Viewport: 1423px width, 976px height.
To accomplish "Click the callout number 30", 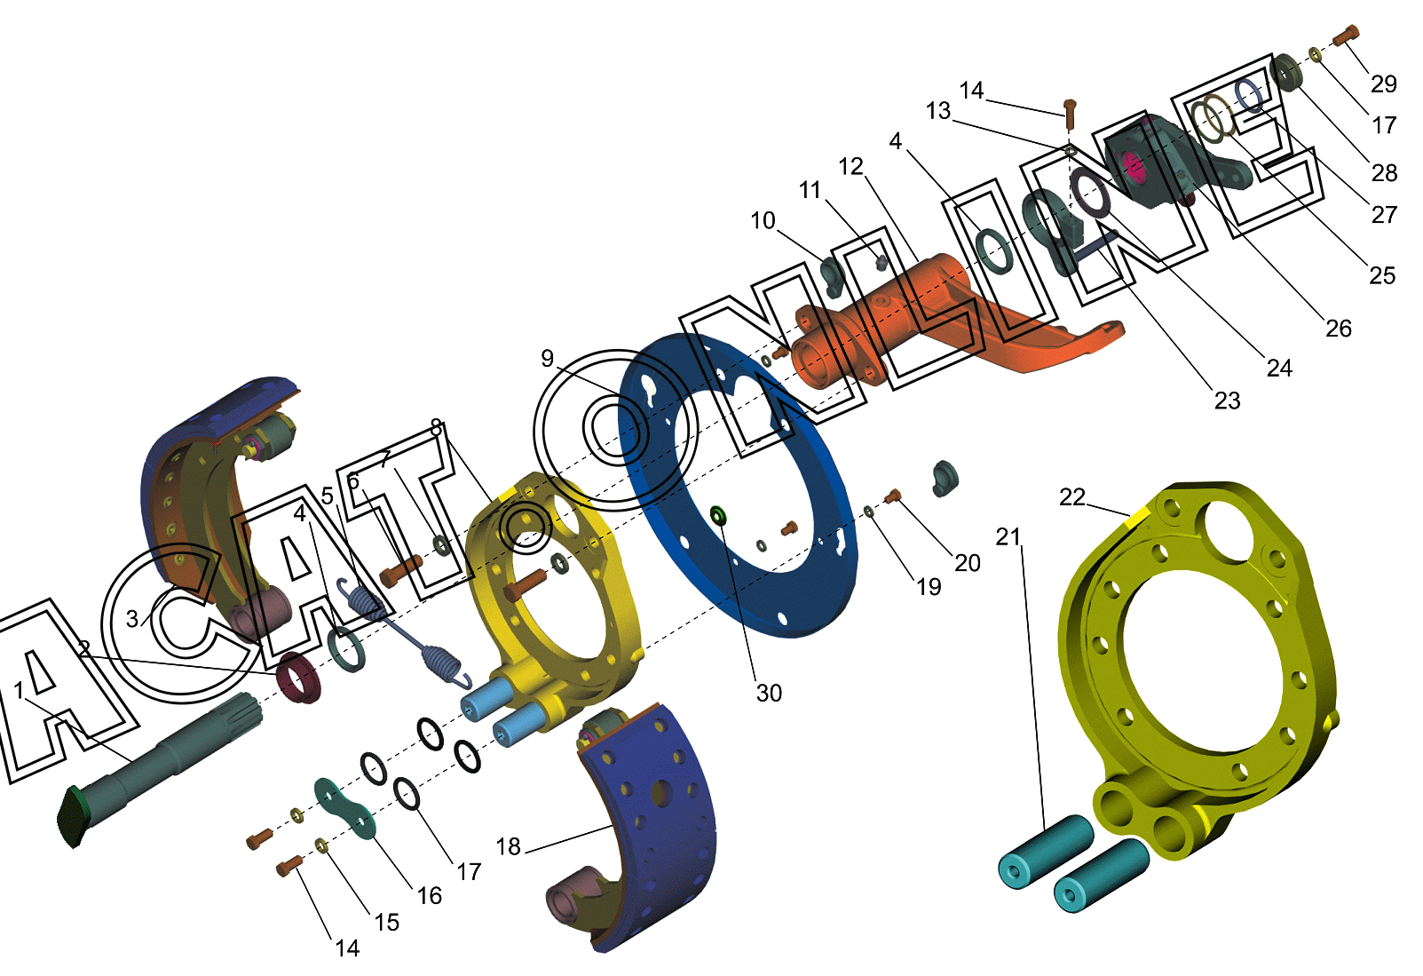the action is pos(769,694).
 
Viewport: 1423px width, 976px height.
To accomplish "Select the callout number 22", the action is pos(1071,497).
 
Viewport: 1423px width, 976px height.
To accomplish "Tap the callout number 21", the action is pos(1008,537).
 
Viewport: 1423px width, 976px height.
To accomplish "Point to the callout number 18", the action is pos(508,847).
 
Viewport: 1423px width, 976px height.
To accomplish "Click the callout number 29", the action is pos(1384,83).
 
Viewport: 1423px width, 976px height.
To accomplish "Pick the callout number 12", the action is pos(850,166).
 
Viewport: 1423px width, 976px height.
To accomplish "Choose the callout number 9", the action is pos(547,359).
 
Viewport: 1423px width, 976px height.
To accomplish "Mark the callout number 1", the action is pos(19,691).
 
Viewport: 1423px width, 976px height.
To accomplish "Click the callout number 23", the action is pos(1227,401).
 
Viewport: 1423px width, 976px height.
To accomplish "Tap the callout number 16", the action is pos(430,896).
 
